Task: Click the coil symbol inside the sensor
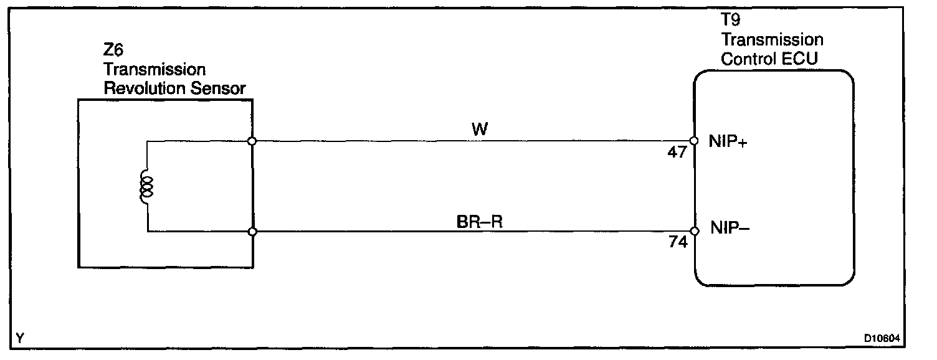pos(147,187)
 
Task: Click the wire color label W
pos(480,130)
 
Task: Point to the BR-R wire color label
pos(479,221)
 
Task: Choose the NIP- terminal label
pos(730,229)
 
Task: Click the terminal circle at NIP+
pos(694,141)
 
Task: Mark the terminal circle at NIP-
pos(695,232)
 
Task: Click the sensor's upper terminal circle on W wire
pos(252,141)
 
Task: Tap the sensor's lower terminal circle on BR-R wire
pos(252,232)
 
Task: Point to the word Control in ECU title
pos(746,59)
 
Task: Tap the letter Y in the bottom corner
pos(21,338)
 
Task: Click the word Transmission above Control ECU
pos(773,40)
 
